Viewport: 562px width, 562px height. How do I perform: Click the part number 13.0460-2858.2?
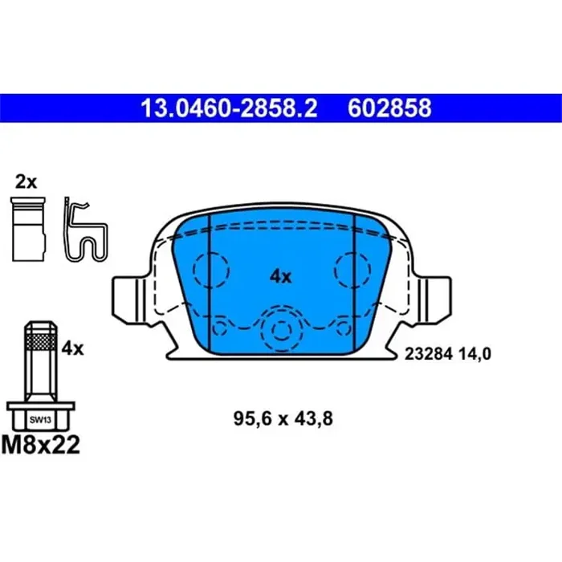tap(229, 108)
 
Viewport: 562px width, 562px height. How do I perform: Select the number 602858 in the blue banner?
tap(389, 108)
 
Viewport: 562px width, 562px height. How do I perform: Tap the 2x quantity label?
tap(26, 182)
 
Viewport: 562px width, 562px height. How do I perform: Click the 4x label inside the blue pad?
tap(280, 277)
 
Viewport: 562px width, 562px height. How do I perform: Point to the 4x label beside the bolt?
tap(72, 348)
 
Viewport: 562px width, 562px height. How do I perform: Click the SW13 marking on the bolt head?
tap(40, 420)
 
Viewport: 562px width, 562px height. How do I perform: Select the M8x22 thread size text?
tap(40, 445)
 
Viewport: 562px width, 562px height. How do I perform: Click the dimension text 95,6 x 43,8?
tap(283, 418)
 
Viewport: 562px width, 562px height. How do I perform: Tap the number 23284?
tap(428, 354)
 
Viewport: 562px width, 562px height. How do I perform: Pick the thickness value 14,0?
tap(473, 354)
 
